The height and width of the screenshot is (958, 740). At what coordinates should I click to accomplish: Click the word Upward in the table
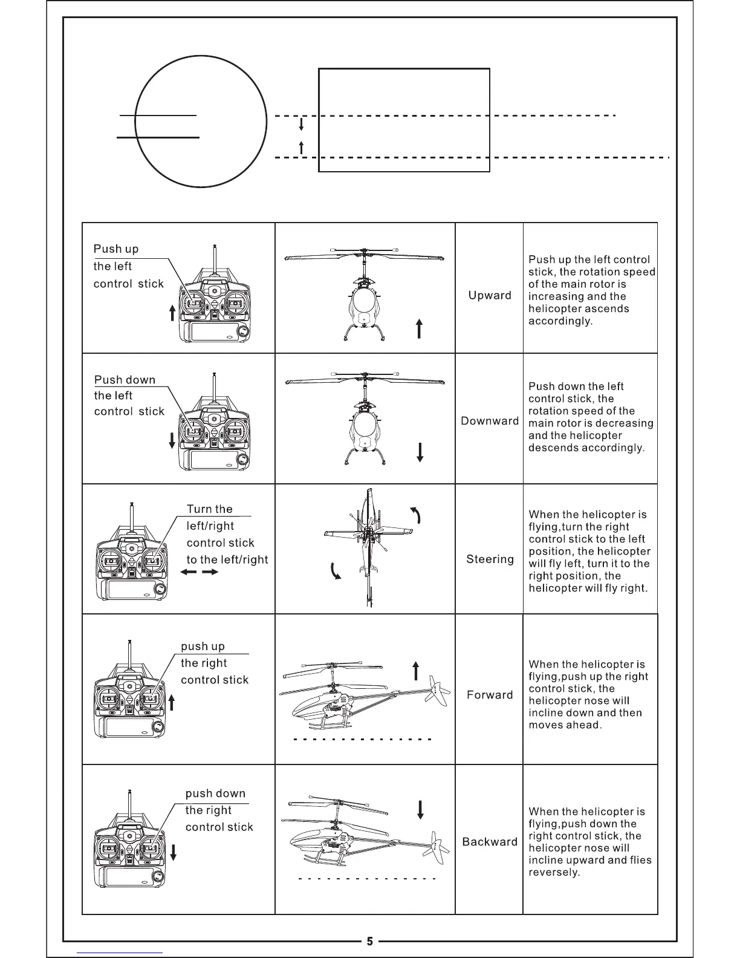pos(490,295)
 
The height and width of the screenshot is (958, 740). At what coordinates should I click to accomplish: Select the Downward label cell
pos(490,421)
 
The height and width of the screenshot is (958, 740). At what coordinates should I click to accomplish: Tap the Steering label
pos(490,559)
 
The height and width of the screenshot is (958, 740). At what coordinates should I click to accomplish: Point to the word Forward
pos(490,695)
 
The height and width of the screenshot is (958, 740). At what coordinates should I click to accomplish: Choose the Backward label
pos(490,842)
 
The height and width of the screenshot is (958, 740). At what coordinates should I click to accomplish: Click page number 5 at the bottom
pos(370,941)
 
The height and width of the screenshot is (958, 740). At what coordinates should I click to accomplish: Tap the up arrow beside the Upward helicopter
pos(419,329)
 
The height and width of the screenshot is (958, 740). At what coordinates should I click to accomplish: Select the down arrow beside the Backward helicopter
pos(420,809)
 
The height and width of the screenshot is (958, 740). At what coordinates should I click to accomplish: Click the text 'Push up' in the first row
pos(116,249)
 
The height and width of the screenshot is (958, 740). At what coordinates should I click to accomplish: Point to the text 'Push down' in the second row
pos(125,380)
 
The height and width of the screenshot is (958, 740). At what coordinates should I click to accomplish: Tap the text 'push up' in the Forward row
pos(203,647)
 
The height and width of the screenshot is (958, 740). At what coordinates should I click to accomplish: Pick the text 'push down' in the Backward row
pos(215,793)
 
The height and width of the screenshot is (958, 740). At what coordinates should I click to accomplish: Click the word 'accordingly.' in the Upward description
pos(560,321)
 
